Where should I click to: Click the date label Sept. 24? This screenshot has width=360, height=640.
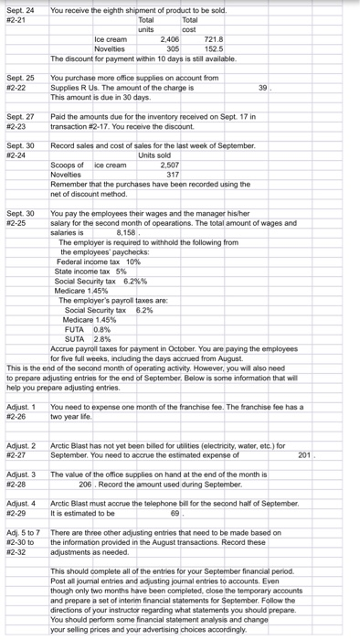click(x=19, y=11)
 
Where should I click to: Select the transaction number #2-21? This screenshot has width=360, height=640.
click(x=17, y=19)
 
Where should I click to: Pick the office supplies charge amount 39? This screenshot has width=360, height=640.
click(x=263, y=87)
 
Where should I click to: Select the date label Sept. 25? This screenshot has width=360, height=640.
click(x=19, y=79)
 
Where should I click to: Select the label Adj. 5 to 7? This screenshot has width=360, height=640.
click(x=23, y=532)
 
